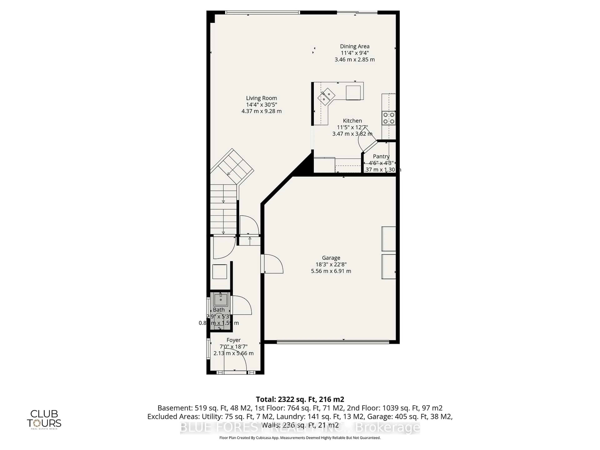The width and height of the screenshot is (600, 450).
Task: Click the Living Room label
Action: [x=261, y=98]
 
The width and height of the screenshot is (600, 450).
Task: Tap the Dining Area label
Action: [x=355, y=46]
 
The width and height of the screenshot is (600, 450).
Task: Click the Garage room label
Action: [x=331, y=258]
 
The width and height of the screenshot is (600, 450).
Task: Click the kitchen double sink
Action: [x=326, y=96]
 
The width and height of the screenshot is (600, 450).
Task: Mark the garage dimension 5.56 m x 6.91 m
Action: [x=331, y=271]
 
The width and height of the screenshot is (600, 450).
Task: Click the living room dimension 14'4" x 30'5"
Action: [x=261, y=105]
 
